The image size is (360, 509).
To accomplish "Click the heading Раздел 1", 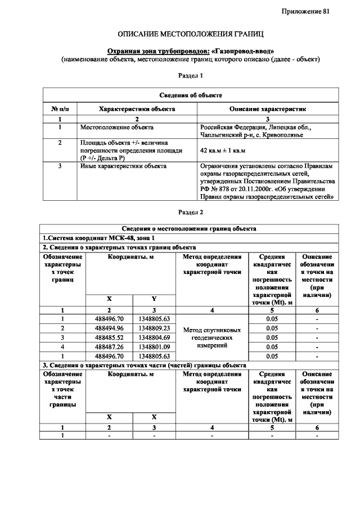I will pos(190,75).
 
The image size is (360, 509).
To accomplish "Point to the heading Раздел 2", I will pos(190,213).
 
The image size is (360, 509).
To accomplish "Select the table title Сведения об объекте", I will pos(190,95).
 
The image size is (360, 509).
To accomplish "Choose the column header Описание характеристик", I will pos(267,109).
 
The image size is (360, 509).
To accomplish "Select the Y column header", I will pos(154,299).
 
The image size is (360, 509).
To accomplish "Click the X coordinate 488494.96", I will pos(110,328).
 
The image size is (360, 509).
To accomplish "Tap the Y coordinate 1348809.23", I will pos(154,328).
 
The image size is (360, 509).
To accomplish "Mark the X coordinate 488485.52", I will pos(110,337).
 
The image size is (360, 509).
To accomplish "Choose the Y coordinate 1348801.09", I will pos(154,347).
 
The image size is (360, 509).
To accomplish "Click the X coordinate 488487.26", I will pos(110,347).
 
